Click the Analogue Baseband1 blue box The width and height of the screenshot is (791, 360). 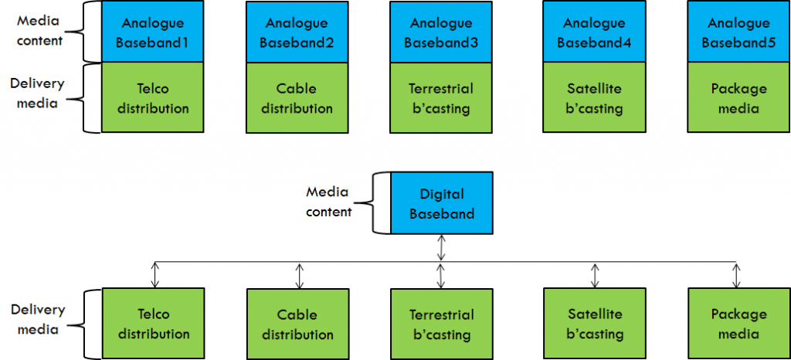(x=152, y=32)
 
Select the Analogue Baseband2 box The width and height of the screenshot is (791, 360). (x=297, y=32)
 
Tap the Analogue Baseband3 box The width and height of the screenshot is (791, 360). (x=440, y=32)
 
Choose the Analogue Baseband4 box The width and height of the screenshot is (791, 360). (x=594, y=32)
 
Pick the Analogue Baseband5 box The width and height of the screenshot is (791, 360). (x=738, y=32)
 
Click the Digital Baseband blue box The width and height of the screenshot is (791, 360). (x=441, y=203)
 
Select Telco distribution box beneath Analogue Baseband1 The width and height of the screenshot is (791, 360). (x=152, y=98)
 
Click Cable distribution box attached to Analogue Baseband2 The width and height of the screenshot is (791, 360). (x=297, y=98)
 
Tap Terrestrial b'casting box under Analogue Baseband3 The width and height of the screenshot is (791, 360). (x=440, y=98)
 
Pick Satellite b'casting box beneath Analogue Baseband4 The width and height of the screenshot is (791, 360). (x=594, y=98)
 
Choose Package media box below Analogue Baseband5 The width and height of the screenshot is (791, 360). (x=738, y=98)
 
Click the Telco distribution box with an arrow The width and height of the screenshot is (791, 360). (x=152, y=324)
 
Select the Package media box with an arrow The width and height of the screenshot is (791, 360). (x=738, y=324)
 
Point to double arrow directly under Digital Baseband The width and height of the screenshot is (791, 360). (x=441, y=248)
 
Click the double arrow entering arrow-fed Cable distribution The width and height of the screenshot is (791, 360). (x=298, y=275)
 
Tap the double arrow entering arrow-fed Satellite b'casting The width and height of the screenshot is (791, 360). (x=594, y=275)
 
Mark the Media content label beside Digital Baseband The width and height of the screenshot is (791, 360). (x=329, y=201)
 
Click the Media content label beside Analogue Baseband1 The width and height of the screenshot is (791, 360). (x=39, y=30)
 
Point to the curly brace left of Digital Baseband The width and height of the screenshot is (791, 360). (x=379, y=202)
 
